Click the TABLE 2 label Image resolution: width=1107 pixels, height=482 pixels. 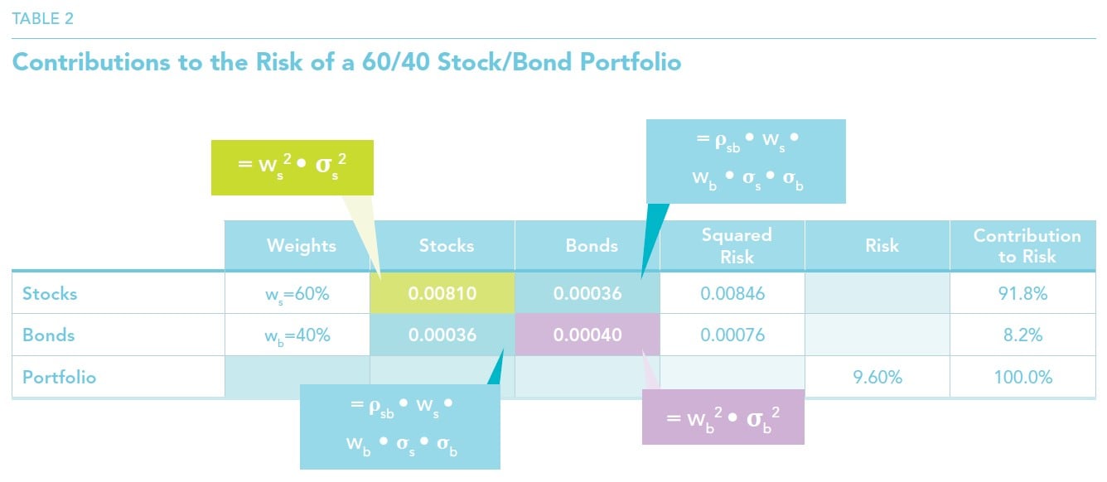click(42, 19)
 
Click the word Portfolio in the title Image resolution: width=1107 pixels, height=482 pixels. click(631, 62)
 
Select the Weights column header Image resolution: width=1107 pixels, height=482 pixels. click(302, 245)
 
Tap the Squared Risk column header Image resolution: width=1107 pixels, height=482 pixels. click(737, 245)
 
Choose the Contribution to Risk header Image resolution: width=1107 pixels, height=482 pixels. click(1027, 246)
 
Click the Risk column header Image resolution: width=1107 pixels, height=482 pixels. click(882, 245)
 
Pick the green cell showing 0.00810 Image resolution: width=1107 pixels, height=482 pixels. click(442, 293)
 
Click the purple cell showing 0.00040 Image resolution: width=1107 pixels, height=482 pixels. click(587, 335)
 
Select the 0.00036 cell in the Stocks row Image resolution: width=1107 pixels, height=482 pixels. click(587, 293)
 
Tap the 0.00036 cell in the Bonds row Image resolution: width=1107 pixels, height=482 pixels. click(442, 335)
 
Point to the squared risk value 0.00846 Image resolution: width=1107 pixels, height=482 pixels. click(732, 293)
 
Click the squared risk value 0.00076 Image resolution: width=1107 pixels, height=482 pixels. click(732, 335)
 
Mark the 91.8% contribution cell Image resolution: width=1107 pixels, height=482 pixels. click(1022, 293)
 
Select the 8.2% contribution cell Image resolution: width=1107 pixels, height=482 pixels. click(1022, 335)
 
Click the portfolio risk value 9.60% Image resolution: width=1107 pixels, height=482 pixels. click(877, 378)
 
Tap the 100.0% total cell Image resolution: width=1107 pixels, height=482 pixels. click(1022, 377)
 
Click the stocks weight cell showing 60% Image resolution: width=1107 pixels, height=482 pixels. click(297, 293)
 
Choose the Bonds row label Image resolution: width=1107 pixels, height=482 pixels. click(48, 335)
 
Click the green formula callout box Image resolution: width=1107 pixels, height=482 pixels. click(292, 167)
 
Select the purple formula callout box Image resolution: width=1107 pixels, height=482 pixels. click(723, 417)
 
